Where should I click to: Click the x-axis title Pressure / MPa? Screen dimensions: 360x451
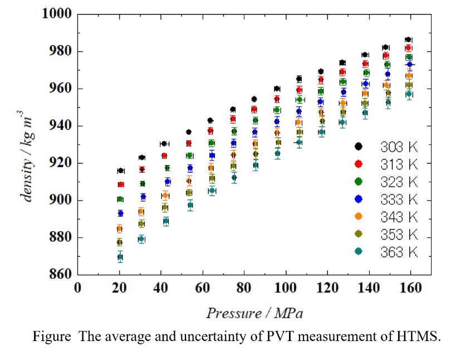[255, 313]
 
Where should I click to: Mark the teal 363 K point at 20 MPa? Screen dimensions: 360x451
[120, 257]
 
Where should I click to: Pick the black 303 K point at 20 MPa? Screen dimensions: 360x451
[121, 171]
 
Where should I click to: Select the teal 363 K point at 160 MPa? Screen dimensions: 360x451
[409, 94]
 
